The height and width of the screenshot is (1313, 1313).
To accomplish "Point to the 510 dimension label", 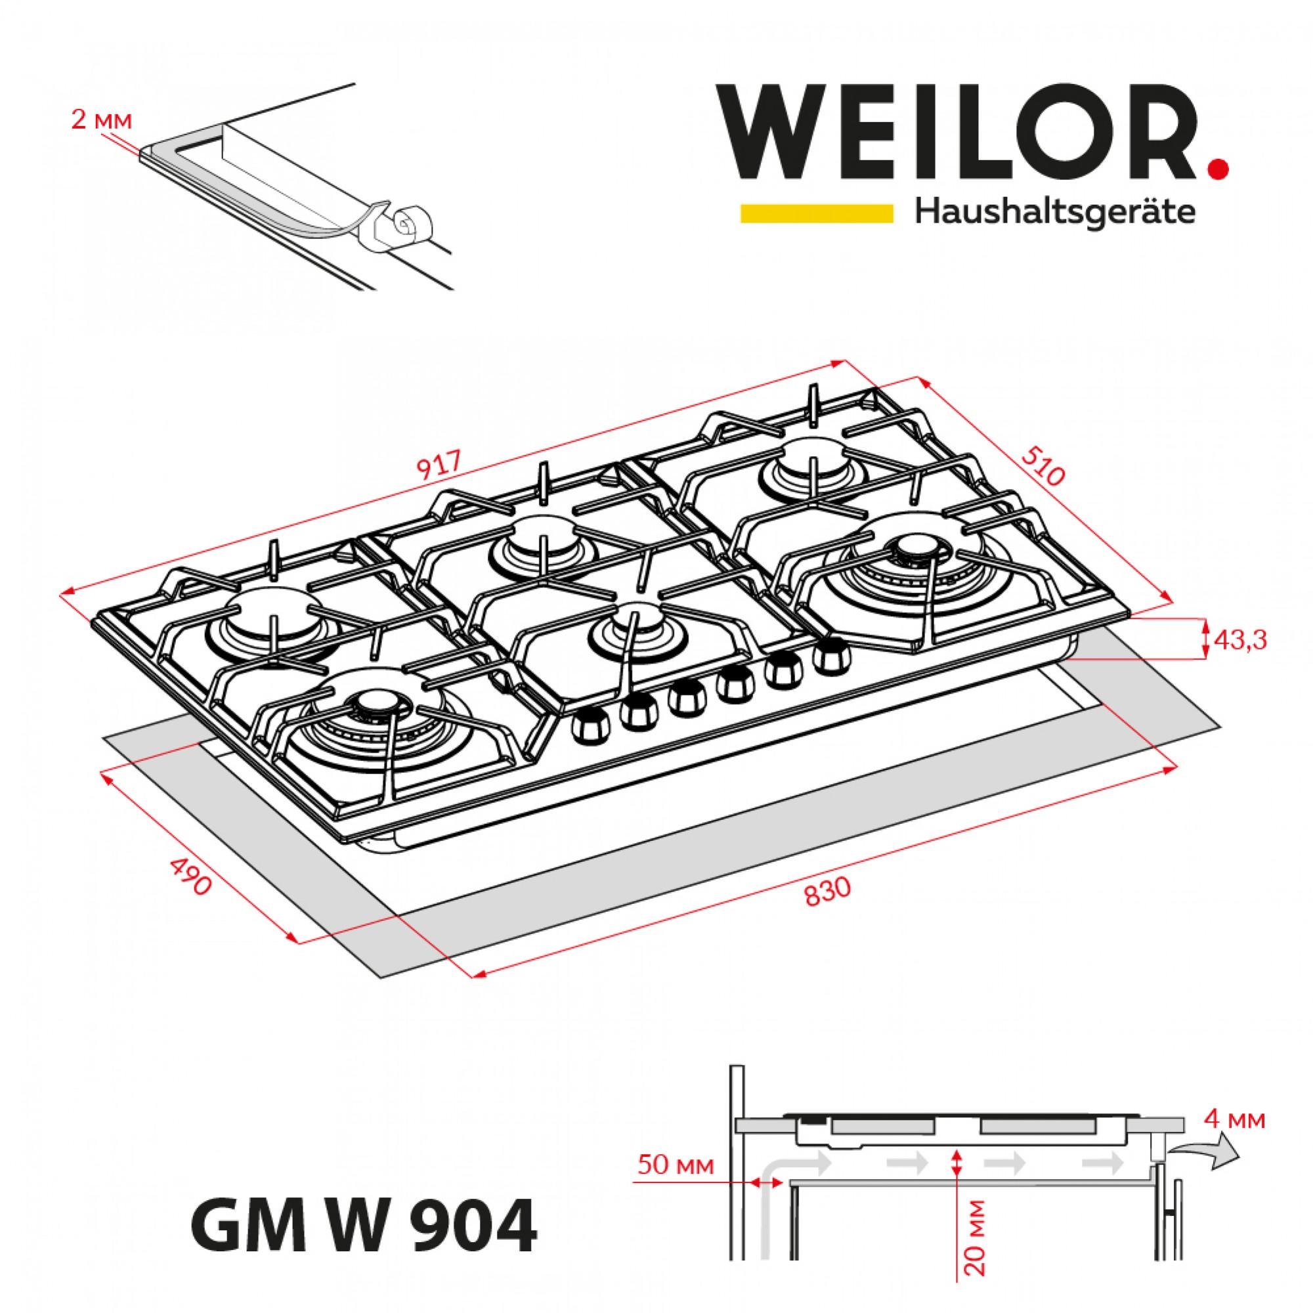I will coord(1041,467).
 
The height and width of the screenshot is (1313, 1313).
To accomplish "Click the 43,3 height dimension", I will coord(1240,639).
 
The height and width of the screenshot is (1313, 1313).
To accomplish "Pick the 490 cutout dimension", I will coord(192,876).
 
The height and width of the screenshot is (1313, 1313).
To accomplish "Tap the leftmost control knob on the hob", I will coord(586,729).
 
